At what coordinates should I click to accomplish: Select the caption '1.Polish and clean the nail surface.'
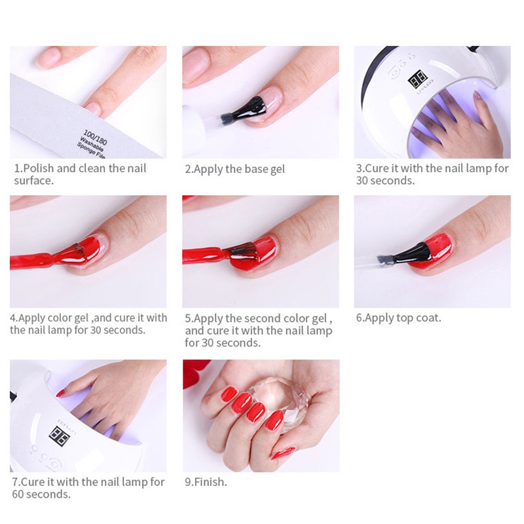pyautogui.click(x=79, y=174)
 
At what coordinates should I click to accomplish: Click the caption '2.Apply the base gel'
pyautogui.click(x=235, y=169)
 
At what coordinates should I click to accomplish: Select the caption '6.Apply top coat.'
pyautogui.click(x=398, y=318)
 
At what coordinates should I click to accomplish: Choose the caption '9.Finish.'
pyautogui.click(x=206, y=481)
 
